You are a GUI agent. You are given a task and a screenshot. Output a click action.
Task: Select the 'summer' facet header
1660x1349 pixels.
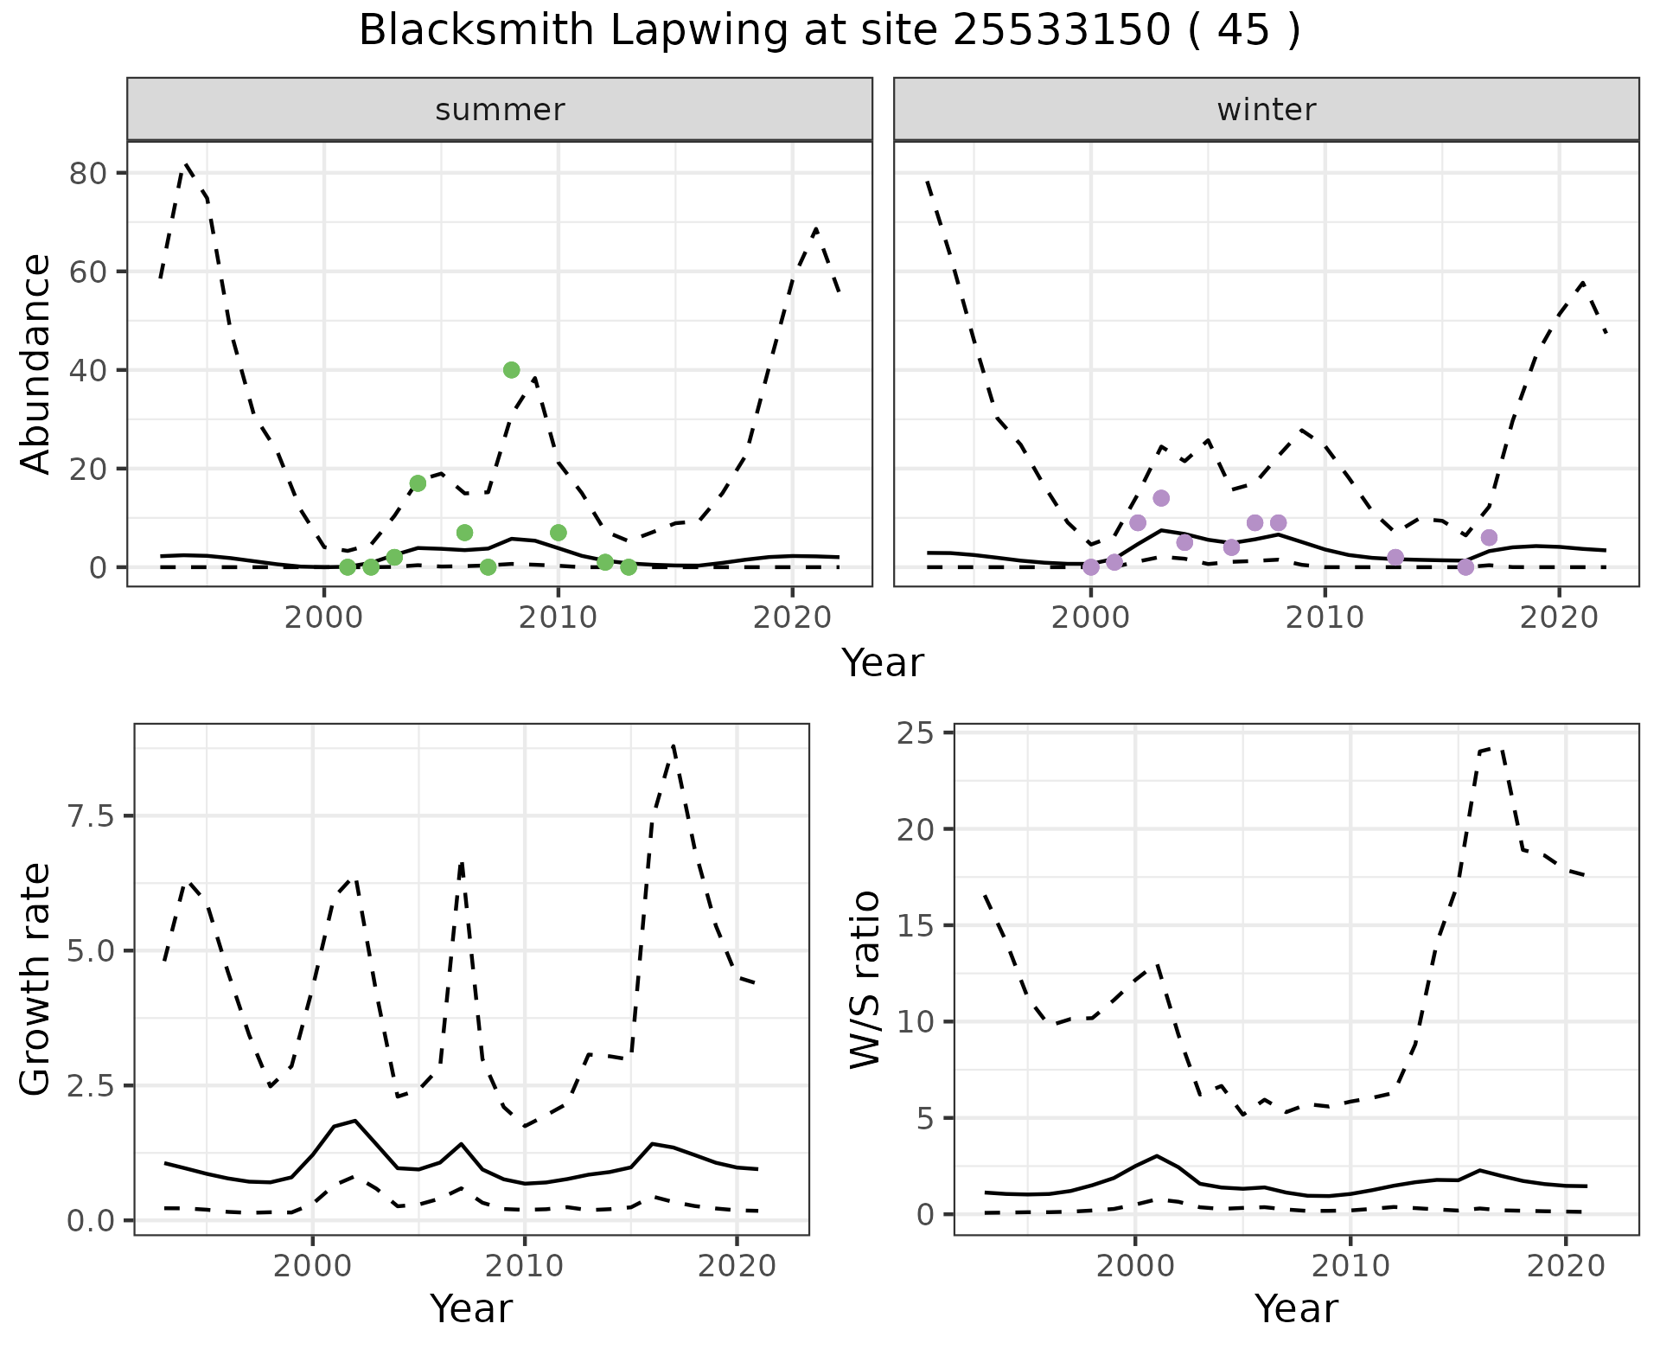(x=500, y=110)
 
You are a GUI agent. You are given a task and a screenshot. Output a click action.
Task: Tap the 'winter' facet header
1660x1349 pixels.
(x=1266, y=110)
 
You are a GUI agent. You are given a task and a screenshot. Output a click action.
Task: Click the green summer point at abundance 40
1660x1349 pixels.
(x=511, y=370)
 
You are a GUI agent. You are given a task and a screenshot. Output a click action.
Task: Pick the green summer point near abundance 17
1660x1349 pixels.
(x=418, y=483)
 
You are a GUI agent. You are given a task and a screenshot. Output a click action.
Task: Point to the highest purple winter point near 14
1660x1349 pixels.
(x=1161, y=498)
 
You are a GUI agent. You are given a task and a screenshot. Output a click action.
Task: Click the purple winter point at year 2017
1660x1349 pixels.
(x=1489, y=538)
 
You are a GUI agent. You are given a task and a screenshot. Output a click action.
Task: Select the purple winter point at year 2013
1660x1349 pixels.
(x=1395, y=557)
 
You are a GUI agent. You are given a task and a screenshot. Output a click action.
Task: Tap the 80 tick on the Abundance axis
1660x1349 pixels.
(x=89, y=174)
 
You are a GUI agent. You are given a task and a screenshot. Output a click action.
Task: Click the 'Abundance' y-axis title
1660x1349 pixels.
(x=36, y=363)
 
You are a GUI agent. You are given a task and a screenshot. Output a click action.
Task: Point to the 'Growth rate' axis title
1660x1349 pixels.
(x=36, y=979)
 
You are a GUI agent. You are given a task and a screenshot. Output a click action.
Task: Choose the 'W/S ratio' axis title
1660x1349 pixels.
(x=865, y=979)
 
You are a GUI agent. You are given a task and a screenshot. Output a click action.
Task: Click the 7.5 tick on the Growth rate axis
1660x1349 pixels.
(x=89, y=816)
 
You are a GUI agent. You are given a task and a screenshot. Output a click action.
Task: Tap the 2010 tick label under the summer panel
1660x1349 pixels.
(x=558, y=617)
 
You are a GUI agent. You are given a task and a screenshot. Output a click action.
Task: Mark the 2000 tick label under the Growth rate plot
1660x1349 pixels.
(x=313, y=1266)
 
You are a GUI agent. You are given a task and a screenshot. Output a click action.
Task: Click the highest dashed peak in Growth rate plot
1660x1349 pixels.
(x=674, y=745)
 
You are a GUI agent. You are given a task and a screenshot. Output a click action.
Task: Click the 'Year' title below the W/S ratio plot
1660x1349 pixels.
(x=1296, y=1309)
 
